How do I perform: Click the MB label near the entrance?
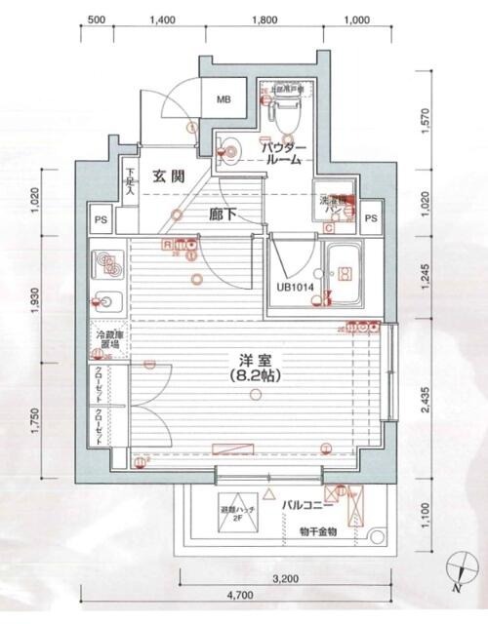coord(224,99)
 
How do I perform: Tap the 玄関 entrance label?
coord(169,176)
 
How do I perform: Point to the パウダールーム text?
coord(284,153)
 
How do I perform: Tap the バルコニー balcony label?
coord(309,506)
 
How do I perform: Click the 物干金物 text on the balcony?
coord(318,531)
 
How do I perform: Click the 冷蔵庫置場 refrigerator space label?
coord(107,340)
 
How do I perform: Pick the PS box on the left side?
coord(101,218)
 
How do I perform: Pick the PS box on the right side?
coord(370,218)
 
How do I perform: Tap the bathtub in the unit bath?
coord(344,274)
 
